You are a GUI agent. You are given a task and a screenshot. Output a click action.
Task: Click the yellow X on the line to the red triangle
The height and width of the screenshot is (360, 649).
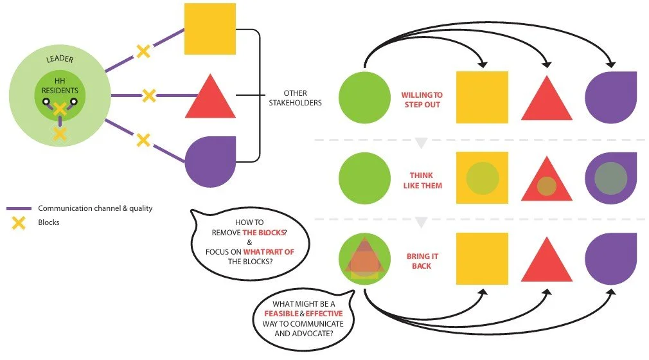pos(148,96)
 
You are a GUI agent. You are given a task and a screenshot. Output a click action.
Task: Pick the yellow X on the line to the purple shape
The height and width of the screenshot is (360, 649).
pos(143,139)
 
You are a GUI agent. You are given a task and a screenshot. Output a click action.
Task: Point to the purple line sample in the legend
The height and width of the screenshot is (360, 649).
pos(19,209)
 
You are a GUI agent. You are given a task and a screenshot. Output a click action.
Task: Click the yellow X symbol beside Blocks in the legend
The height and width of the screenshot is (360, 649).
pos(19,223)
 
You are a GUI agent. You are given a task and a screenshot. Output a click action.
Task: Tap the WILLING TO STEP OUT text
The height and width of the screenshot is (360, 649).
pos(422,100)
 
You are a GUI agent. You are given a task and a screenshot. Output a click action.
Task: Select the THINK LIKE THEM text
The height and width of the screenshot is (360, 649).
pos(422,180)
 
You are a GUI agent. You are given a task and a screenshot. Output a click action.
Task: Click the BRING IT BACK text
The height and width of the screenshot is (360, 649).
pos(422,260)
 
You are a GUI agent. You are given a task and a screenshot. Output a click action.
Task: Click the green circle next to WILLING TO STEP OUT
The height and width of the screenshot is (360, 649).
pos(364,97)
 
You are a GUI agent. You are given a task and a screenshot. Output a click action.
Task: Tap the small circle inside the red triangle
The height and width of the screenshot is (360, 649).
pos(546,186)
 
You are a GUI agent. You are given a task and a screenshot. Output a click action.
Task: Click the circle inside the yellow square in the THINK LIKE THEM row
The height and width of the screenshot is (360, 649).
pos(482,178)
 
